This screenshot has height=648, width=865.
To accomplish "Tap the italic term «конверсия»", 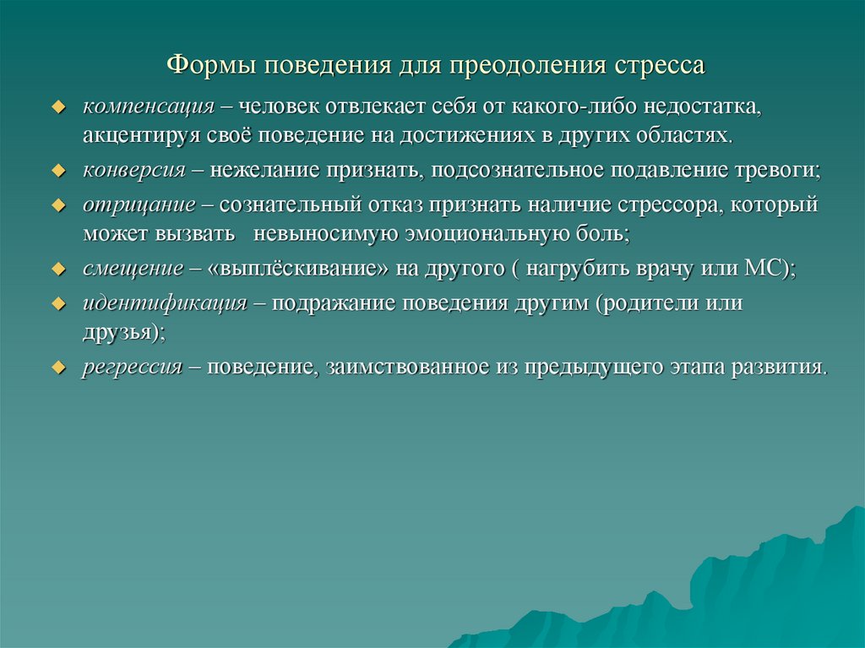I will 134,170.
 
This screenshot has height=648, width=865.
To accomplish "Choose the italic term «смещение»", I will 133,268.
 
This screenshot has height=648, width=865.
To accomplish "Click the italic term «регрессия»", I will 133,368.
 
